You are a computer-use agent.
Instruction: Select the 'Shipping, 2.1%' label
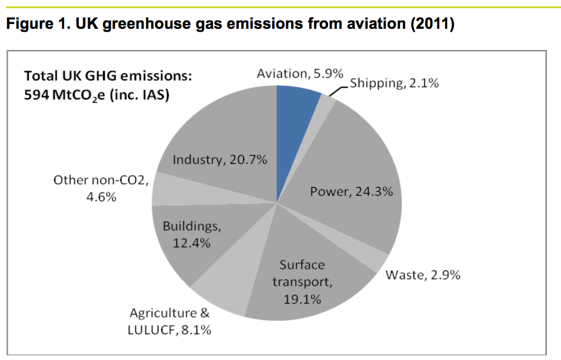394,83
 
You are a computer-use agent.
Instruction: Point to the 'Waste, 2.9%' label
423,275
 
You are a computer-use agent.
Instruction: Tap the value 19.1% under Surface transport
302,299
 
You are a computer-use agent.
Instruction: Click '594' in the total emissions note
35,95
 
